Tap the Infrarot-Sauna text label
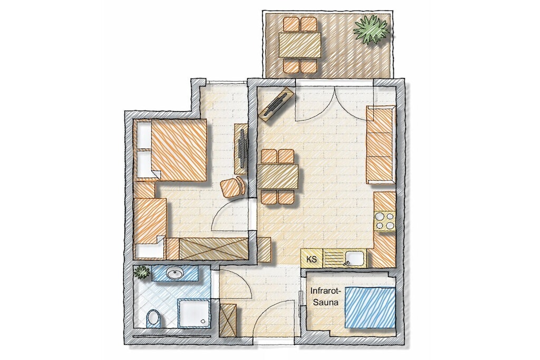(325, 297)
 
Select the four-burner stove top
(384, 221)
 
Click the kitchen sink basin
(355, 259)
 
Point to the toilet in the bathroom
(153, 319)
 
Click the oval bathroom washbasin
(175, 274)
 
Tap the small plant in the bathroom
(142, 272)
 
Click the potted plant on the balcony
(371, 31)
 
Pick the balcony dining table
(300, 45)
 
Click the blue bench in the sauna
(370, 307)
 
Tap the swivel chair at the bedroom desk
(234, 187)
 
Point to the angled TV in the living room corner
(276, 105)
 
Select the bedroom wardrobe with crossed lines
(214, 248)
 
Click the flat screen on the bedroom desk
(243, 149)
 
